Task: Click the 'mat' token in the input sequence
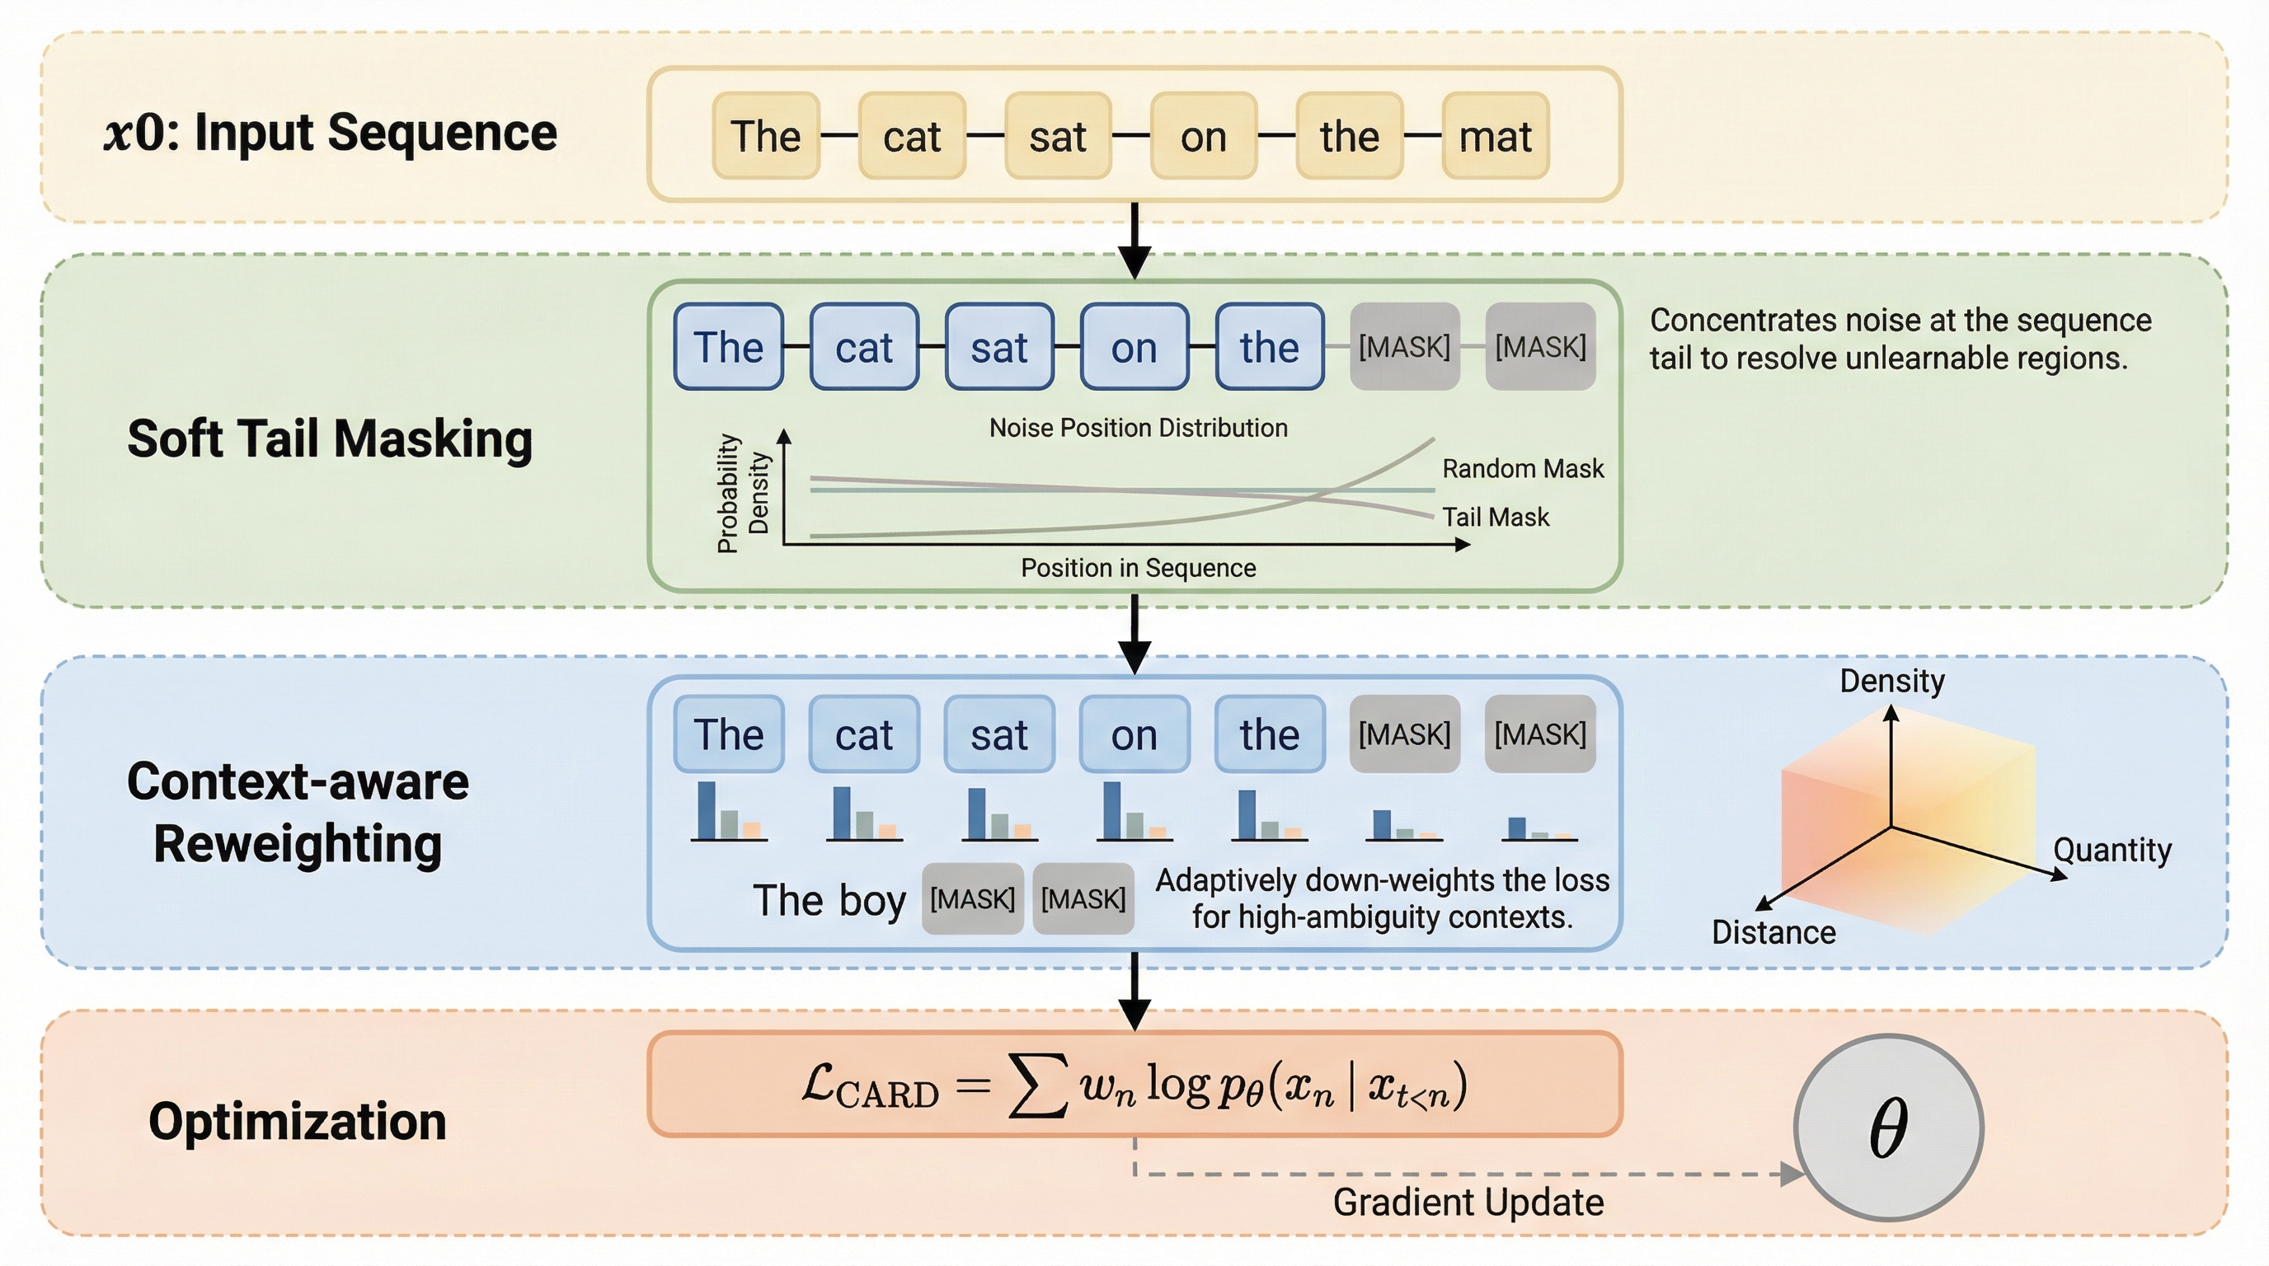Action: click(x=1495, y=137)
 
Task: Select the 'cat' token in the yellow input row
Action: click(x=912, y=137)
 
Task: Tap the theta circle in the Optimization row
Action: click(x=1888, y=1127)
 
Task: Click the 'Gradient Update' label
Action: click(x=1468, y=1203)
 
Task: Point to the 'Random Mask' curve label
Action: click(x=1522, y=468)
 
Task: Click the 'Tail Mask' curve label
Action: click(x=1495, y=517)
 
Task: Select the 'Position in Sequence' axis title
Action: click(x=1138, y=568)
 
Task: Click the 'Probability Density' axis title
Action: click(x=743, y=493)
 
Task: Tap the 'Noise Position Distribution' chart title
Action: click(x=1138, y=428)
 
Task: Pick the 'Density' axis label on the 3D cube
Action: click(x=1892, y=681)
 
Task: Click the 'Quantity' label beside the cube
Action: click(x=2112, y=850)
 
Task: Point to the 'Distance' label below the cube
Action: click(x=1773, y=932)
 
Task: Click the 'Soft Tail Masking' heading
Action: click(x=330, y=438)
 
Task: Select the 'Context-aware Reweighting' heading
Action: click(x=298, y=812)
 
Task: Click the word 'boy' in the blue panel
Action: click(x=872, y=900)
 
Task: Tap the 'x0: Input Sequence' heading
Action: click(x=331, y=133)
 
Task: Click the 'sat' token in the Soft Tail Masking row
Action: click(x=998, y=347)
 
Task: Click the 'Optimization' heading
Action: click(x=297, y=1122)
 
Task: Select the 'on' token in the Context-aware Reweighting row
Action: click(x=1134, y=734)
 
